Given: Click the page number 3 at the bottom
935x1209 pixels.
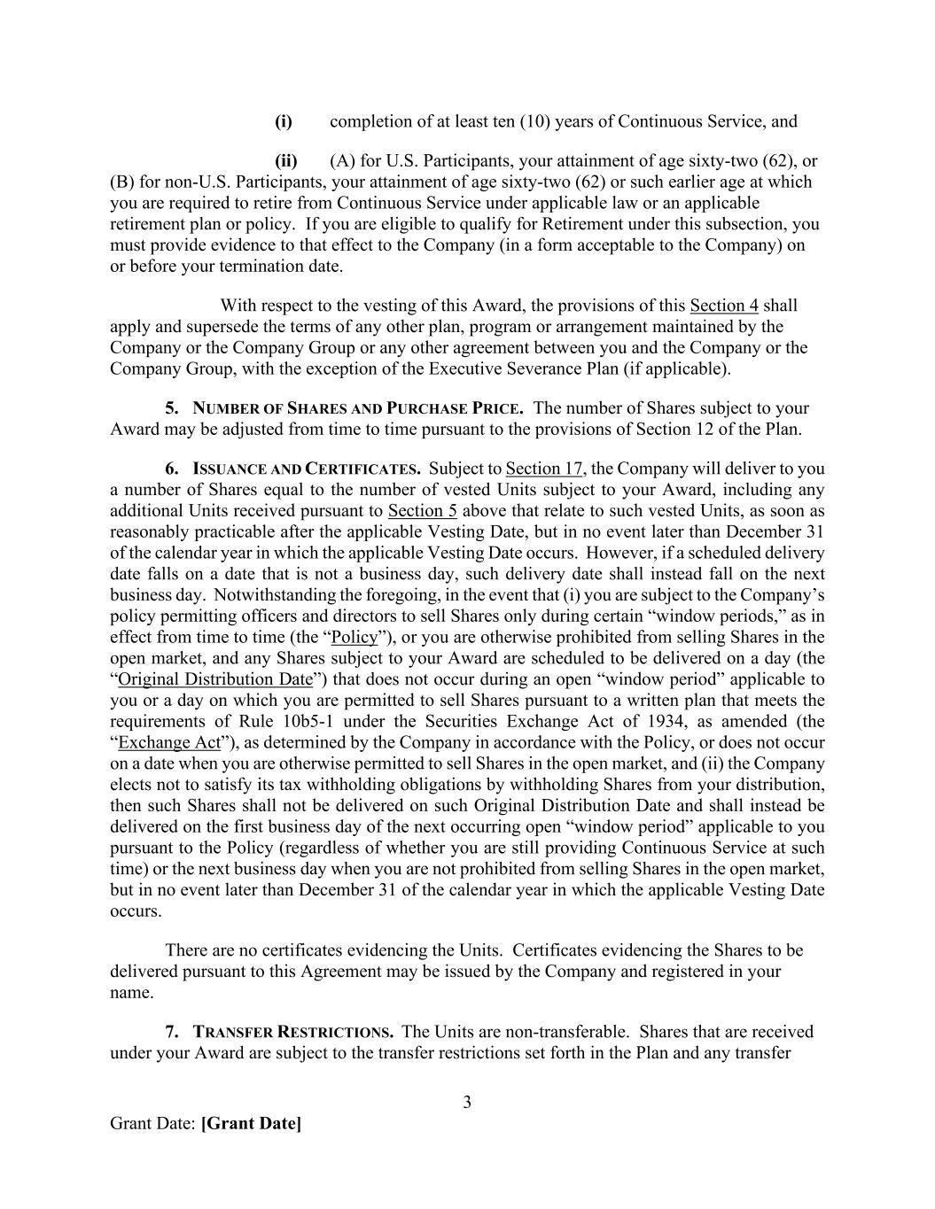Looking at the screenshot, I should (x=467, y=1103).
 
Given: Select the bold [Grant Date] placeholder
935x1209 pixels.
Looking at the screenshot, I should (x=251, y=1124).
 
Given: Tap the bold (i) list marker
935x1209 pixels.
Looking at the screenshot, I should (x=284, y=121).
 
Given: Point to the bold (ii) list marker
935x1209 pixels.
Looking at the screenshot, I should (x=286, y=161).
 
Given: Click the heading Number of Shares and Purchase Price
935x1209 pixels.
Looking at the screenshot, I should (x=358, y=408).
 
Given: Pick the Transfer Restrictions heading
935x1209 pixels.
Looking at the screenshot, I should (x=293, y=1032).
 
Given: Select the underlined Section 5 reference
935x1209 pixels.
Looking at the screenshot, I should (x=423, y=511).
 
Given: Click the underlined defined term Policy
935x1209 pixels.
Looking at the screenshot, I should (x=355, y=638).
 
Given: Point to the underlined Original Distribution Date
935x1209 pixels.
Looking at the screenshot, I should (x=215, y=679).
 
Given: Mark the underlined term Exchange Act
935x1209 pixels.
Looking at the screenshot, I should (x=168, y=743).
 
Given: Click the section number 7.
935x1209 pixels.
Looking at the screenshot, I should (x=172, y=1032).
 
